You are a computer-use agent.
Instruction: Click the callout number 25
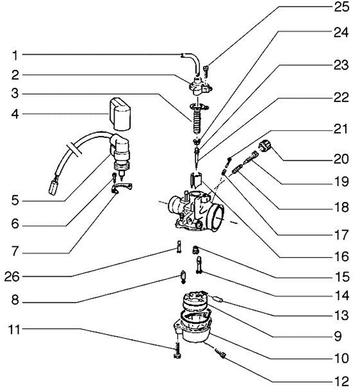[x=341, y=7]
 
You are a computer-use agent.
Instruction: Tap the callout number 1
[x=15, y=55]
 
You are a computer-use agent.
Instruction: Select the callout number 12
[x=342, y=381]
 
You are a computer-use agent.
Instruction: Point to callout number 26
[x=11, y=276]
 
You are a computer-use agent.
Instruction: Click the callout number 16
[x=342, y=256]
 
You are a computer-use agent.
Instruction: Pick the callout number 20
[x=341, y=159]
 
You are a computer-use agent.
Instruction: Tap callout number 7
[x=15, y=251]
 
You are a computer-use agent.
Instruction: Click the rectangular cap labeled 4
[x=120, y=115]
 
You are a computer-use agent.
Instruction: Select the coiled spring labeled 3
[x=197, y=122]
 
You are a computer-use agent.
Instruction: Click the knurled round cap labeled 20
[x=265, y=146]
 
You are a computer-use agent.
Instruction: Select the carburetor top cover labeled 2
[x=200, y=87]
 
